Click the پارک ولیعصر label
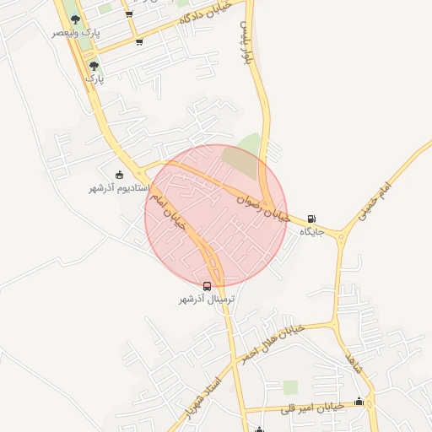click(x=76, y=32)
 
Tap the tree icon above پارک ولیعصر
click(x=76, y=19)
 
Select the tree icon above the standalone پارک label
click(x=94, y=65)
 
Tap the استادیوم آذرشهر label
click(x=119, y=187)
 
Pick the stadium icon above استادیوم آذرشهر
click(x=119, y=175)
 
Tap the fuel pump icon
click(x=313, y=218)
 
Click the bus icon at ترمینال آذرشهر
click(x=208, y=286)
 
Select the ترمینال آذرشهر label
click(x=207, y=300)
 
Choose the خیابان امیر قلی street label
click(x=314, y=407)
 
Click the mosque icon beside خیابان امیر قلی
click(x=359, y=402)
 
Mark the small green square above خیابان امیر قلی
click(x=290, y=387)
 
